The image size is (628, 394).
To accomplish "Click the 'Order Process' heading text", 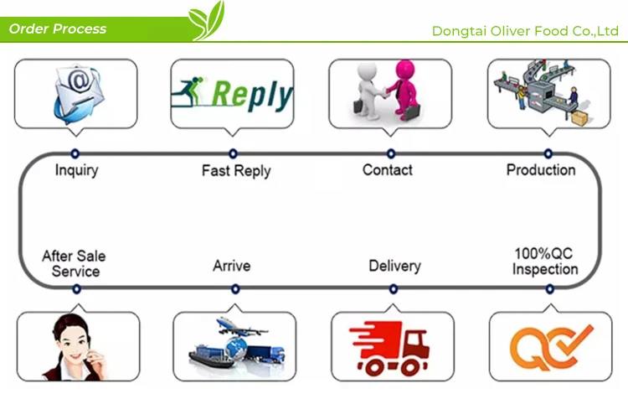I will (58, 29).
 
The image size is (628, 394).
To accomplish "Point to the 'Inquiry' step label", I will (76, 170).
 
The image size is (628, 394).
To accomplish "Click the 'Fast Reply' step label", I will (236, 171).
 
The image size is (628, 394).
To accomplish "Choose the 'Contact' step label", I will (388, 170).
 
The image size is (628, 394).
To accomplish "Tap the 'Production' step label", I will (541, 170).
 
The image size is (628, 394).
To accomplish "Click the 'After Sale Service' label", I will (75, 263).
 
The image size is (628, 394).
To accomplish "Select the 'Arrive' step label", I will (231, 266).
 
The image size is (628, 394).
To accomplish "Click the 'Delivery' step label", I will (394, 266).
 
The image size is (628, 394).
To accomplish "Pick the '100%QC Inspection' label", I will (545, 261).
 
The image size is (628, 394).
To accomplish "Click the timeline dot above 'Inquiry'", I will (75, 154).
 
